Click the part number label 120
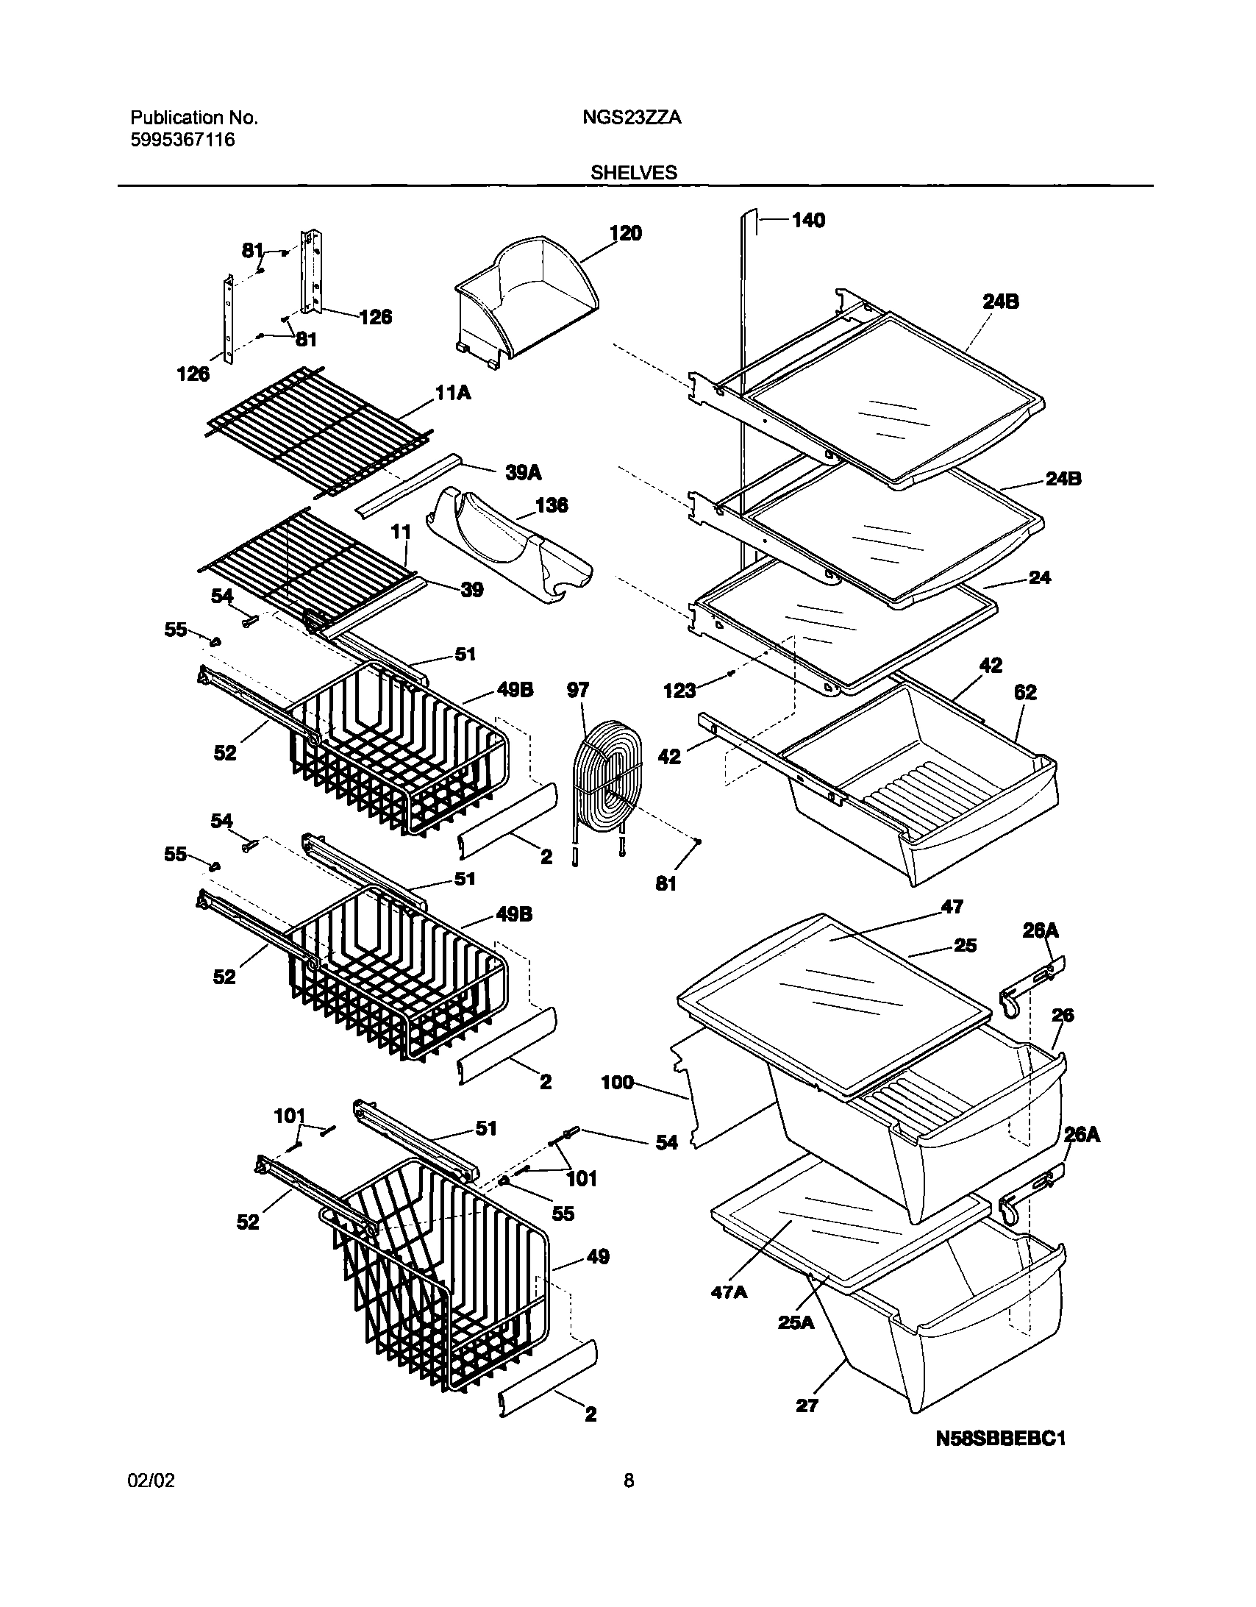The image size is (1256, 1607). pyautogui.click(x=625, y=233)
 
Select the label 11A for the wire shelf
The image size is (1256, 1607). pyautogui.click(x=453, y=393)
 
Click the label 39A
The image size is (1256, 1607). pyautogui.click(x=523, y=472)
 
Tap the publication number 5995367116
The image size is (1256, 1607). pyautogui.click(x=182, y=140)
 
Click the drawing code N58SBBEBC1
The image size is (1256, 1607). pyautogui.click(x=1001, y=1439)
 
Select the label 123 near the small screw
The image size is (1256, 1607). pyautogui.click(x=679, y=690)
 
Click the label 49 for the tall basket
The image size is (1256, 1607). pyautogui.click(x=597, y=1257)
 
